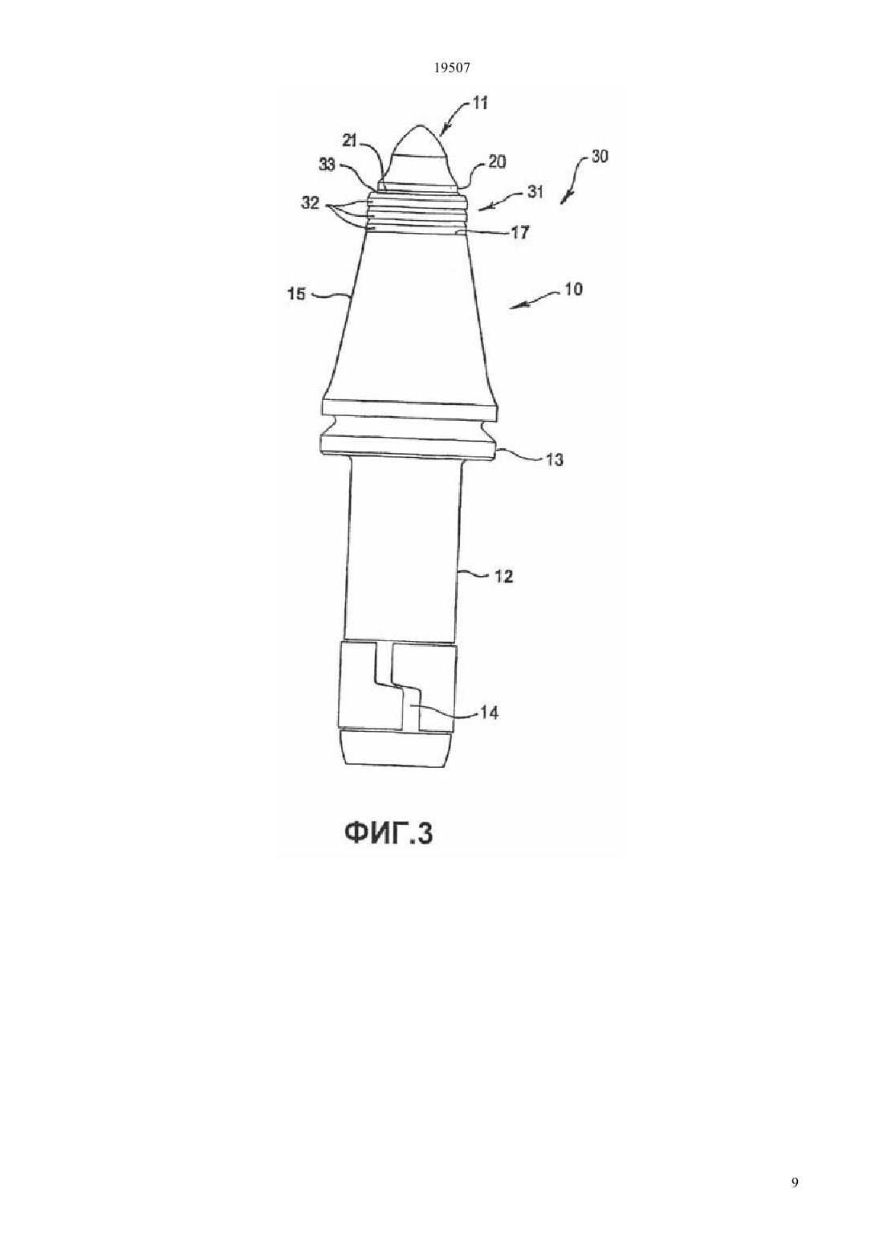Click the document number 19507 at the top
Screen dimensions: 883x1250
coord(451,68)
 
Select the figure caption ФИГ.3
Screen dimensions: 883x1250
coord(389,850)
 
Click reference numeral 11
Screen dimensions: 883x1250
coord(480,104)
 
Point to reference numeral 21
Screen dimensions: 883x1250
coord(349,141)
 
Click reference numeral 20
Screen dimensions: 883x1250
coord(497,161)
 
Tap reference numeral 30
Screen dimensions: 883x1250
coord(600,156)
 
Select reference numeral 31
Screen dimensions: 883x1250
coord(535,191)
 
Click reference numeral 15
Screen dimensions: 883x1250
coord(297,293)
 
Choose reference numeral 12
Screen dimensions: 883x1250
coord(504,577)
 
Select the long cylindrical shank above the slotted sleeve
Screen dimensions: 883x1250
coord(402,549)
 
